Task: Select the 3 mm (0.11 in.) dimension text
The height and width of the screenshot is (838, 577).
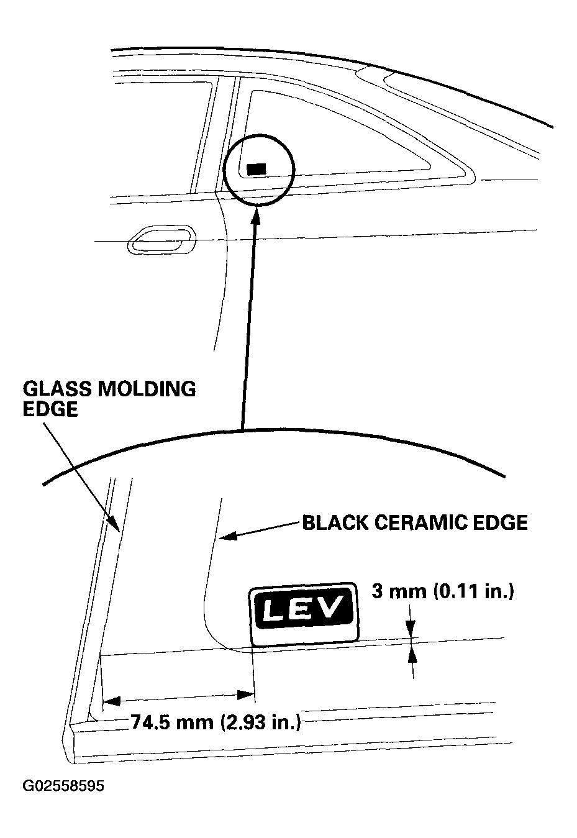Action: point(443,591)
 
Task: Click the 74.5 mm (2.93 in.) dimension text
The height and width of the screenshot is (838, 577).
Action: point(216,722)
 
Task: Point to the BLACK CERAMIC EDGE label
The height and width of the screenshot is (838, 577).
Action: point(414,522)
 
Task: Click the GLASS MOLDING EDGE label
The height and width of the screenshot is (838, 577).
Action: point(109,399)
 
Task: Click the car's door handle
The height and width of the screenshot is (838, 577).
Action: point(161,240)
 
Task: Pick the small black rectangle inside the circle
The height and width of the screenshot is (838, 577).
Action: point(256,168)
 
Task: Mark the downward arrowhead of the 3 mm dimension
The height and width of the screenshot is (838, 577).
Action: point(411,631)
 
